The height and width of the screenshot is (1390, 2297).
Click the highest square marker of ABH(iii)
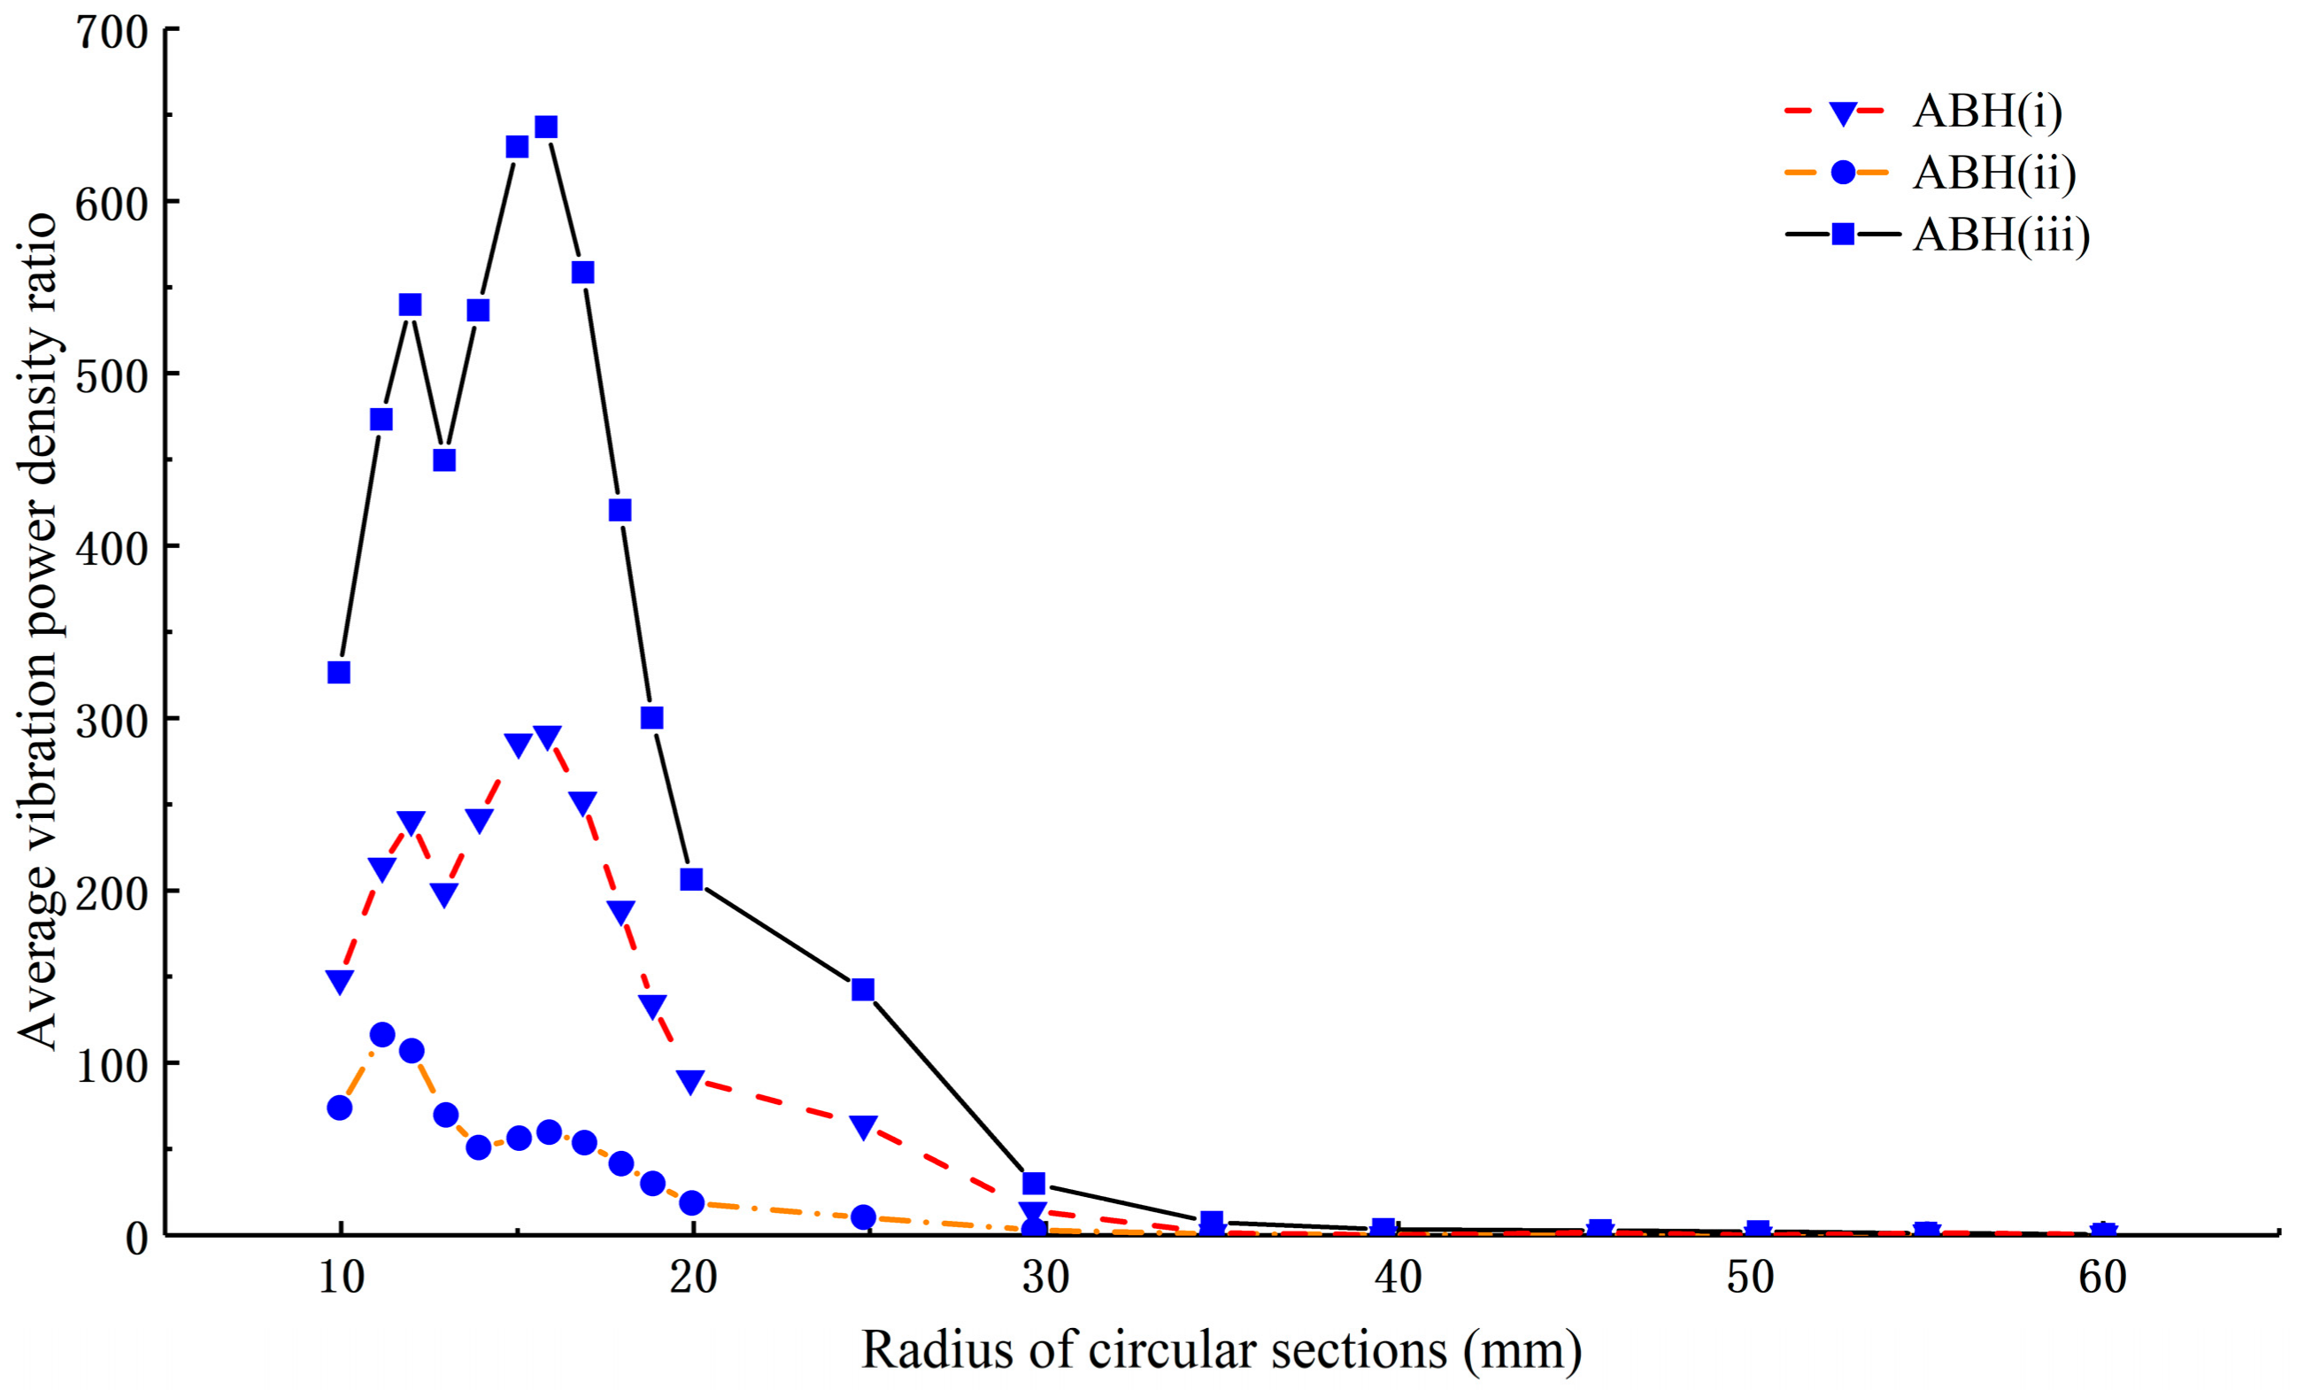pyautogui.click(x=546, y=127)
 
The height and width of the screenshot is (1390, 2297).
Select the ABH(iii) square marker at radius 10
pyautogui.click(x=338, y=672)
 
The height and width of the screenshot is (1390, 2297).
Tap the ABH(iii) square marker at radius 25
pyautogui.click(x=863, y=989)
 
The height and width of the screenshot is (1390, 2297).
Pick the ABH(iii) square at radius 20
pyautogui.click(x=690, y=879)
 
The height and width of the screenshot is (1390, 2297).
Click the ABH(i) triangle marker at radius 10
pyautogui.click(x=339, y=982)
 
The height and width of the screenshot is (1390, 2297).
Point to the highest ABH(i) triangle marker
pyautogui.click(x=547, y=738)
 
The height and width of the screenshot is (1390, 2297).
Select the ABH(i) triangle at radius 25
pyautogui.click(x=864, y=1127)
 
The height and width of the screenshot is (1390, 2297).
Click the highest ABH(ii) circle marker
pyautogui.click(x=382, y=1034)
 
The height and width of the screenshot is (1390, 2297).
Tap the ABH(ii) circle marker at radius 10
pyautogui.click(x=339, y=1108)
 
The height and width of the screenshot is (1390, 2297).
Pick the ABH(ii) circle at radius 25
pyautogui.click(x=864, y=1216)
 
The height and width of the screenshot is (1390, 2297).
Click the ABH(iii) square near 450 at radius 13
pyautogui.click(x=444, y=459)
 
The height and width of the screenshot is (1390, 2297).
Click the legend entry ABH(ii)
pyautogui.click(x=1994, y=173)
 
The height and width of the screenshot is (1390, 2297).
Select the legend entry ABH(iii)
pyautogui.click(x=2001, y=234)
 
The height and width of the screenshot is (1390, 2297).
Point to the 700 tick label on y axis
pyautogui.click(x=111, y=34)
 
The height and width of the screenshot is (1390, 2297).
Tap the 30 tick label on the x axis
pyautogui.click(x=1045, y=1278)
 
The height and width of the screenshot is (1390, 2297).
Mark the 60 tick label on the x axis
pyautogui.click(x=2102, y=1278)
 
